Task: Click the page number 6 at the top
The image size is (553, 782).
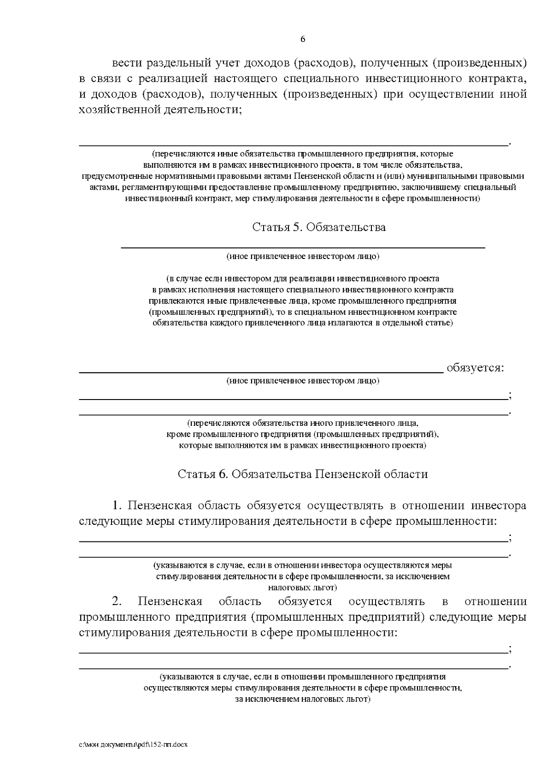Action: (303, 39)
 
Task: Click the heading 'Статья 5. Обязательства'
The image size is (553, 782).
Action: (319, 227)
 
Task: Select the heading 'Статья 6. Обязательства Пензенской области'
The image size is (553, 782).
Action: (303, 474)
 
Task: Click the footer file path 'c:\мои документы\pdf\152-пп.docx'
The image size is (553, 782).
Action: (133, 745)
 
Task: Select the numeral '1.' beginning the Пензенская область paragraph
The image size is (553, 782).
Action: (117, 506)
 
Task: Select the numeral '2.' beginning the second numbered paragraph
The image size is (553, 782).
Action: (117, 601)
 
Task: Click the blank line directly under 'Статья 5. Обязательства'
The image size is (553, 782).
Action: (303, 247)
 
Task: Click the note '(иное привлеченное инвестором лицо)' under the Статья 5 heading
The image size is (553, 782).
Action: (303, 256)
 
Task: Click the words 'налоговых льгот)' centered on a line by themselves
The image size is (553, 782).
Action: (303, 588)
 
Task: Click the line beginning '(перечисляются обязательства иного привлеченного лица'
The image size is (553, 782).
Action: (303, 423)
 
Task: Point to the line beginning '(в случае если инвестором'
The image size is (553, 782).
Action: (303, 279)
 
